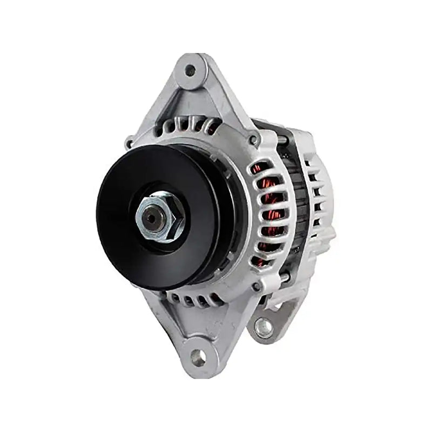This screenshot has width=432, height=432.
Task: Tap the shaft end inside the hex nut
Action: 158,218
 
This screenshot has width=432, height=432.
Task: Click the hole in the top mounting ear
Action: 190,70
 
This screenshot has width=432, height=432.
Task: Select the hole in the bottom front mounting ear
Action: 198,356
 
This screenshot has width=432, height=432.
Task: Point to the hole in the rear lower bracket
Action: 263,326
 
